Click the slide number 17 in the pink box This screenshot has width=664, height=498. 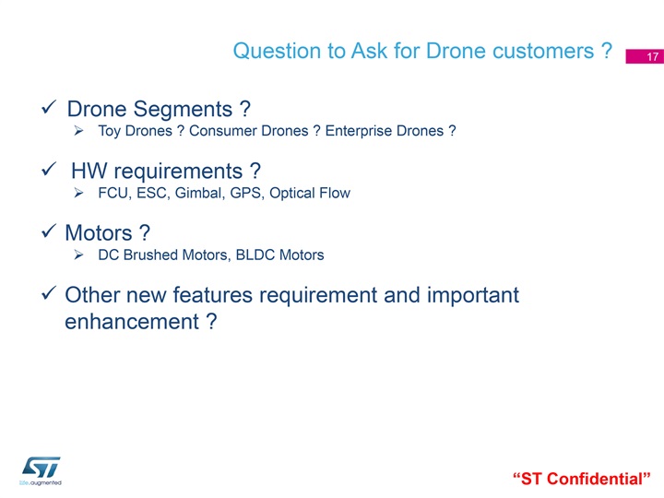pyautogui.click(x=652, y=57)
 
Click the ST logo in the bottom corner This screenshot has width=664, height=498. pyautogui.click(x=41, y=468)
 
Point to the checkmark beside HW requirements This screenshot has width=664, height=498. pyautogui.click(x=49, y=169)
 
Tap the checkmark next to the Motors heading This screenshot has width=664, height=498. pyautogui.click(x=49, y=231)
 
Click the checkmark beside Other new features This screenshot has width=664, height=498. pyautogui.click(x=49, y=292)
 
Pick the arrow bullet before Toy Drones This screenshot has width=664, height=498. pyautogui.click(x=78, y=130)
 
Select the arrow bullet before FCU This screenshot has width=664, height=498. pyautogui.click(x=78, y=193)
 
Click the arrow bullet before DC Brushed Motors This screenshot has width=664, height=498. pyautogui.click(x=78, y=255)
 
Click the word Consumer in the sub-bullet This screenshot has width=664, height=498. pyautogui.click(x=223, y=131)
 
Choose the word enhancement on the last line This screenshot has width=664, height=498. pyautogui.click(x=132, y=322)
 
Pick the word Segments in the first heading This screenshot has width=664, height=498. pyautogui.click(x=183, y=110)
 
